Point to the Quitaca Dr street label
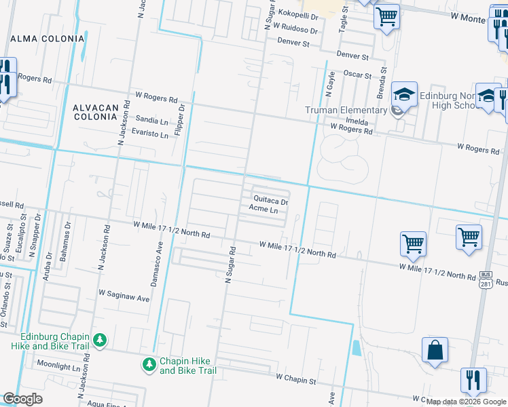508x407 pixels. pyautogui.click(x=271, y=201)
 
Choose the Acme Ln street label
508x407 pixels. pyautogui.click(x=264, y=211)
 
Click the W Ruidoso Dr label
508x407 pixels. pyautogui.click(x=295, y=30)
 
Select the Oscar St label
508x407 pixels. pyautogui.click(x=358, y=75)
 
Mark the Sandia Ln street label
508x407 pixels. pyautogui.click(x=151, y=121)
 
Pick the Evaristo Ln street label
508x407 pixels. pyautogui.click(x=150, y=135)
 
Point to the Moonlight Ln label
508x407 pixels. pyautogui.click(x=58, y=365)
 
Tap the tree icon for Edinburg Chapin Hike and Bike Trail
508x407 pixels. pyautogui.click(x=99, y=338)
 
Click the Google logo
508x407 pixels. pyautogui.click(x=22, y=399)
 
